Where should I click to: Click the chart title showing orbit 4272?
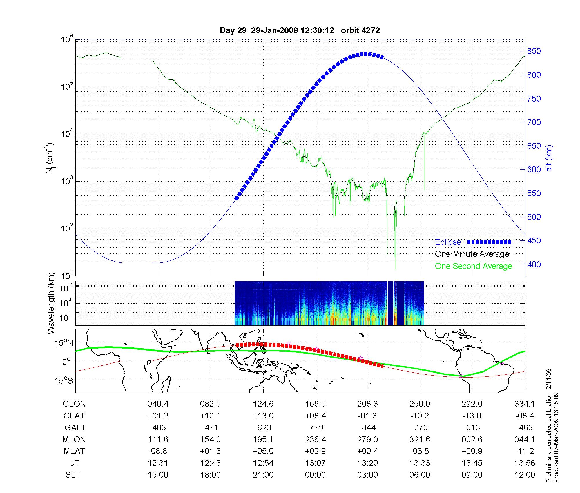300,30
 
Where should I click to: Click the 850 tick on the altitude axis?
534,51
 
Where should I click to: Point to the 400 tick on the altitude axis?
534,264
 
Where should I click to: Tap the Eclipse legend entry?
448,242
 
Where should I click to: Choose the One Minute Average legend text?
472,254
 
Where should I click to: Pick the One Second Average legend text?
473,266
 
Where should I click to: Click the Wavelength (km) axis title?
51,303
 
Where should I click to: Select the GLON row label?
74,404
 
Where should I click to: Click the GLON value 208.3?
368,404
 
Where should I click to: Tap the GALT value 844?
369,427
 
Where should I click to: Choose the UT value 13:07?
315,463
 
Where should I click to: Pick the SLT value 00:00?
315,475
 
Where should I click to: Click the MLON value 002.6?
472,439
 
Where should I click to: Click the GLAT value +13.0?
263,416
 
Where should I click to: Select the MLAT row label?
74,451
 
